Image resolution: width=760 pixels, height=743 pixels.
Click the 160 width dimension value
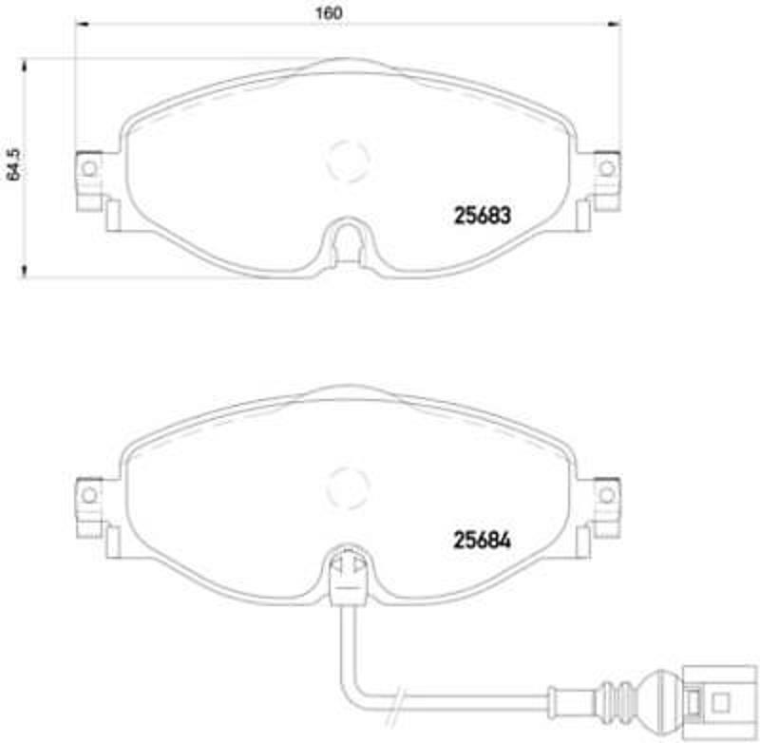[x=328, y=14]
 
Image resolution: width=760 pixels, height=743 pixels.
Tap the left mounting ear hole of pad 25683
[x=88, y=168]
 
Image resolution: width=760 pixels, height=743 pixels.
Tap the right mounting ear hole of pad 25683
[x=606, y=168]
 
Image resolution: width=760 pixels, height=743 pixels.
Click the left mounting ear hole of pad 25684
[x=88, y=494]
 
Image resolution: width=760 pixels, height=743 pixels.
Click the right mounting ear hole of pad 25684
[x=606, y=494]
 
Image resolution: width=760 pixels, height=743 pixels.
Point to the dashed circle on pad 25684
[x=346, y=487]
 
